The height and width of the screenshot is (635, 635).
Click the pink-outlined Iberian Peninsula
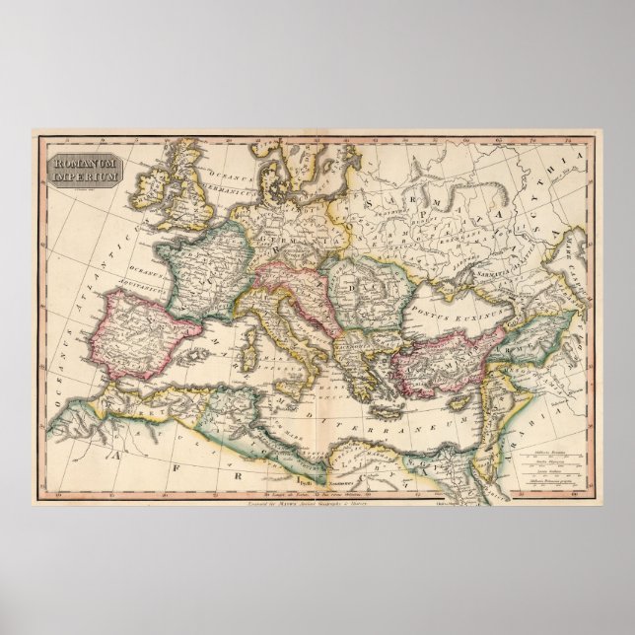click(138, 329)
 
